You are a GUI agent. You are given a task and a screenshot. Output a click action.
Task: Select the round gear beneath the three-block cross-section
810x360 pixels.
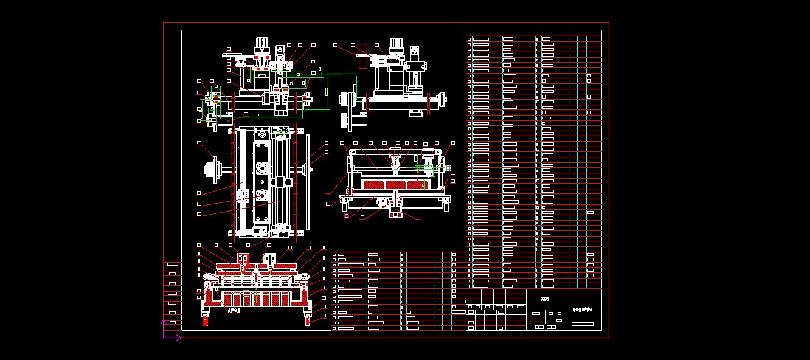coord(383,202)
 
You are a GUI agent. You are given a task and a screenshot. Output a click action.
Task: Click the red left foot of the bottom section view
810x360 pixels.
coord(206,319)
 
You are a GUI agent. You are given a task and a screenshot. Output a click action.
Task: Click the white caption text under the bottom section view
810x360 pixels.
coord(234,311)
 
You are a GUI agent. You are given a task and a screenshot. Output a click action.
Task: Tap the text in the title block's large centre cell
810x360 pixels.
coord(545,299)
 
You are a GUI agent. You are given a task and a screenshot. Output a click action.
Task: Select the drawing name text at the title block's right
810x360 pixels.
coord(583,310)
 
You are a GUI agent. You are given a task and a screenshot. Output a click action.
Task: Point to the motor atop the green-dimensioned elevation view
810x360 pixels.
coord(262,46)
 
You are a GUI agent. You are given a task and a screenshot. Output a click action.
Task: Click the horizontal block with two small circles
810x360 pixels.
coord(417,66)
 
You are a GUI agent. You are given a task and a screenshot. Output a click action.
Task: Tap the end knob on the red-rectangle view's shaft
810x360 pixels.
coord(443,98)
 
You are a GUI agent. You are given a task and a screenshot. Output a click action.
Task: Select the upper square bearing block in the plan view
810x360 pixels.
coord(262,168)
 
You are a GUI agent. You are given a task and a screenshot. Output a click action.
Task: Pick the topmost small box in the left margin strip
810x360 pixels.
coord(172,264)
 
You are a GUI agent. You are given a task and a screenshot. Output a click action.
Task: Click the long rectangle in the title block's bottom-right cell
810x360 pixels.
coord(583,324)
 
